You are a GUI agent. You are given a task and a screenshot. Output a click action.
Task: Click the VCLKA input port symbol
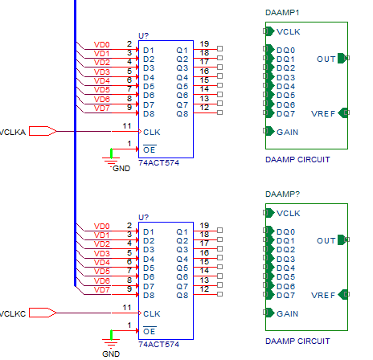click(x=43, y=131)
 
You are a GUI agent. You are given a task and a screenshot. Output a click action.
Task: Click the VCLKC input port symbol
click(x=43, y=313)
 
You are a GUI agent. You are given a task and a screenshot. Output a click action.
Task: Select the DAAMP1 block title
click(x=282, y=13)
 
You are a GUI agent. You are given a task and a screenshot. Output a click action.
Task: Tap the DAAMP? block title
click(x=282, y=194)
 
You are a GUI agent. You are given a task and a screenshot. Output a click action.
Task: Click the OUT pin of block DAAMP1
click(x=343, y=58)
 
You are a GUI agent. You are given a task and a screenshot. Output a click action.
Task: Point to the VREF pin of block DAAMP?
click(x=344, y=294)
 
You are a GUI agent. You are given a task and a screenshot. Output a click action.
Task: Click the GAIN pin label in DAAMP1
click(x=287, y=133)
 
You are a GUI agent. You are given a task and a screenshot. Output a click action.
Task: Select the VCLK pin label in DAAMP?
click(x=289, y=214)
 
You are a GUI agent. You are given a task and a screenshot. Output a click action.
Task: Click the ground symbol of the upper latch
click(x=111, y=158)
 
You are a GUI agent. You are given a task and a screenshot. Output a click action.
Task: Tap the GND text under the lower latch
click(x=111, y=354)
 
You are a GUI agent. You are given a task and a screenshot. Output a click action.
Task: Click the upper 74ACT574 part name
click(x=158, y=163)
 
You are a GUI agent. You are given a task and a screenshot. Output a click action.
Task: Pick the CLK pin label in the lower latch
click(x=152, y=314)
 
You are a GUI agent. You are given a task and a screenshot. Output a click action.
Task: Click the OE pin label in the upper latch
click(x=150, y=149)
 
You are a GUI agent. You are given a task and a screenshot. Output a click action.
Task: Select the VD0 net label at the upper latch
click(x=102, y=45)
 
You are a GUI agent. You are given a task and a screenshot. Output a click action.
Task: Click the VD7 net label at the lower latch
click(x=102, y=290)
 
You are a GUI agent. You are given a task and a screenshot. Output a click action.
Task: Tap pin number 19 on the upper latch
click(x=204, y=43)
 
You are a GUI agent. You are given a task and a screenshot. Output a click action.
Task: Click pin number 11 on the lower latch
click(x=127, y=308)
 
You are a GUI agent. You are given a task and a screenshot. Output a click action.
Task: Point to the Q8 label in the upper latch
click(x=182, y=114)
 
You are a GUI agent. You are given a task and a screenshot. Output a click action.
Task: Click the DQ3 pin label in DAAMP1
click(x=285, y=78)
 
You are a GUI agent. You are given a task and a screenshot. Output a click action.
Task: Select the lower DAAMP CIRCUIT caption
click(x=297, y=342)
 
